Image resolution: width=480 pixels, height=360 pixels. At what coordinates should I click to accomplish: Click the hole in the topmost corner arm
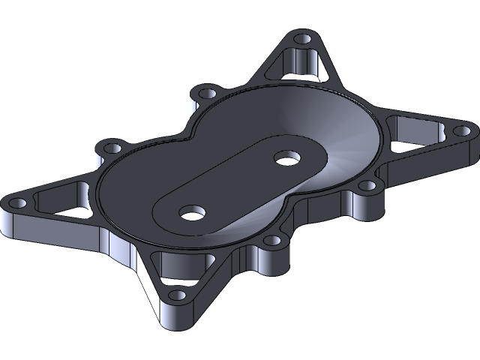click(302, 38)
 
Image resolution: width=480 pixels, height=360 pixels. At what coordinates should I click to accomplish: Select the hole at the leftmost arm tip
click(16, 202)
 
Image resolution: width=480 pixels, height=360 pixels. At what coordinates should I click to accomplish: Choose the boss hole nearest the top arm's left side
click(205, 92)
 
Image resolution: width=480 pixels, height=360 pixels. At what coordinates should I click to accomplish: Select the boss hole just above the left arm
click(112, 146)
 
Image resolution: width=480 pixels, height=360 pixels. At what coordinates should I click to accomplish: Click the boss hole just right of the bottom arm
click(273, 242)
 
